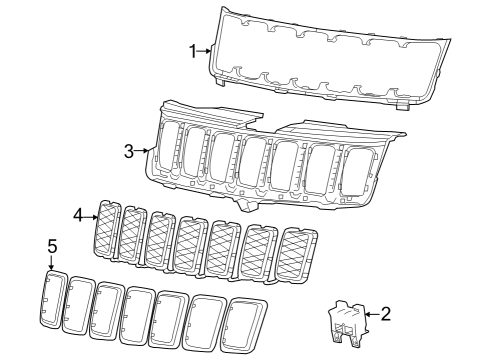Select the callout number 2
pyautogui.click(x=386, y=313)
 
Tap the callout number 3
pyautogui.click(x=129, y=152)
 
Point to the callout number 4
pyautogui.click(x=79, y=214)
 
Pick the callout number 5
pyautogui.click(x=51, y=245)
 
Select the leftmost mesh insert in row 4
pyautogui.click(x=108, y=229)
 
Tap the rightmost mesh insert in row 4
pyautogui.click(x=296, y=257)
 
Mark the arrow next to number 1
pyautogui.click(x=206, y=50)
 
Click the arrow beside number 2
pyautogui.click(x=370, y=314)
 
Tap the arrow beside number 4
pyautogui.click(x=91, y=214)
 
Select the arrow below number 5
pyautogui.click(x=51, y=261)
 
